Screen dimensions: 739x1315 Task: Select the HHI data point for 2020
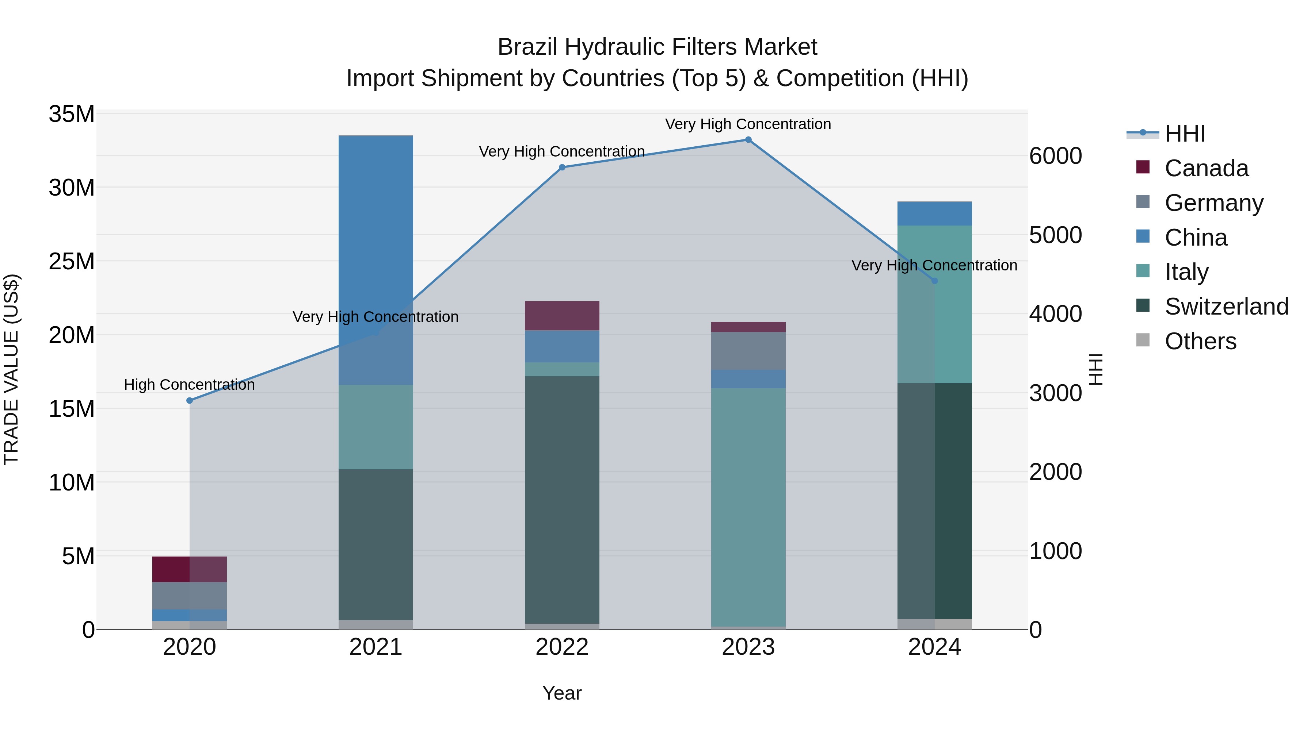tap(189, 401)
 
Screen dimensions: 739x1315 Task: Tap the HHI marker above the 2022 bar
tap(562, 167)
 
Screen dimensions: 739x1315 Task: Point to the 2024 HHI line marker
tap(935, 281)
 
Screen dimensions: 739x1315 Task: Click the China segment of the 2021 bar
tap(376, 235)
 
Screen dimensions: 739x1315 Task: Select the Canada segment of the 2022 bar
tap(562, 316)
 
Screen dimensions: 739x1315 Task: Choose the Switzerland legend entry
tap(1226, 307)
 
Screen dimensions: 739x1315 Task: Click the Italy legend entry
tap(1186, 272)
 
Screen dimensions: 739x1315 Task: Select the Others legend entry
tap(1200, 341)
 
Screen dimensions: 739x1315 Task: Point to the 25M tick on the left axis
tap(72, 262)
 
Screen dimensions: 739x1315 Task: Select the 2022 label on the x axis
tap(562, 647)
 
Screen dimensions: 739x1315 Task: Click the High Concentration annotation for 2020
tap(189, 385)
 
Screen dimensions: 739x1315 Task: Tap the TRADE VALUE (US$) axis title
tap(11, 369)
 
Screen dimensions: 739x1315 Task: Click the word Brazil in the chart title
tap(527, 47)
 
